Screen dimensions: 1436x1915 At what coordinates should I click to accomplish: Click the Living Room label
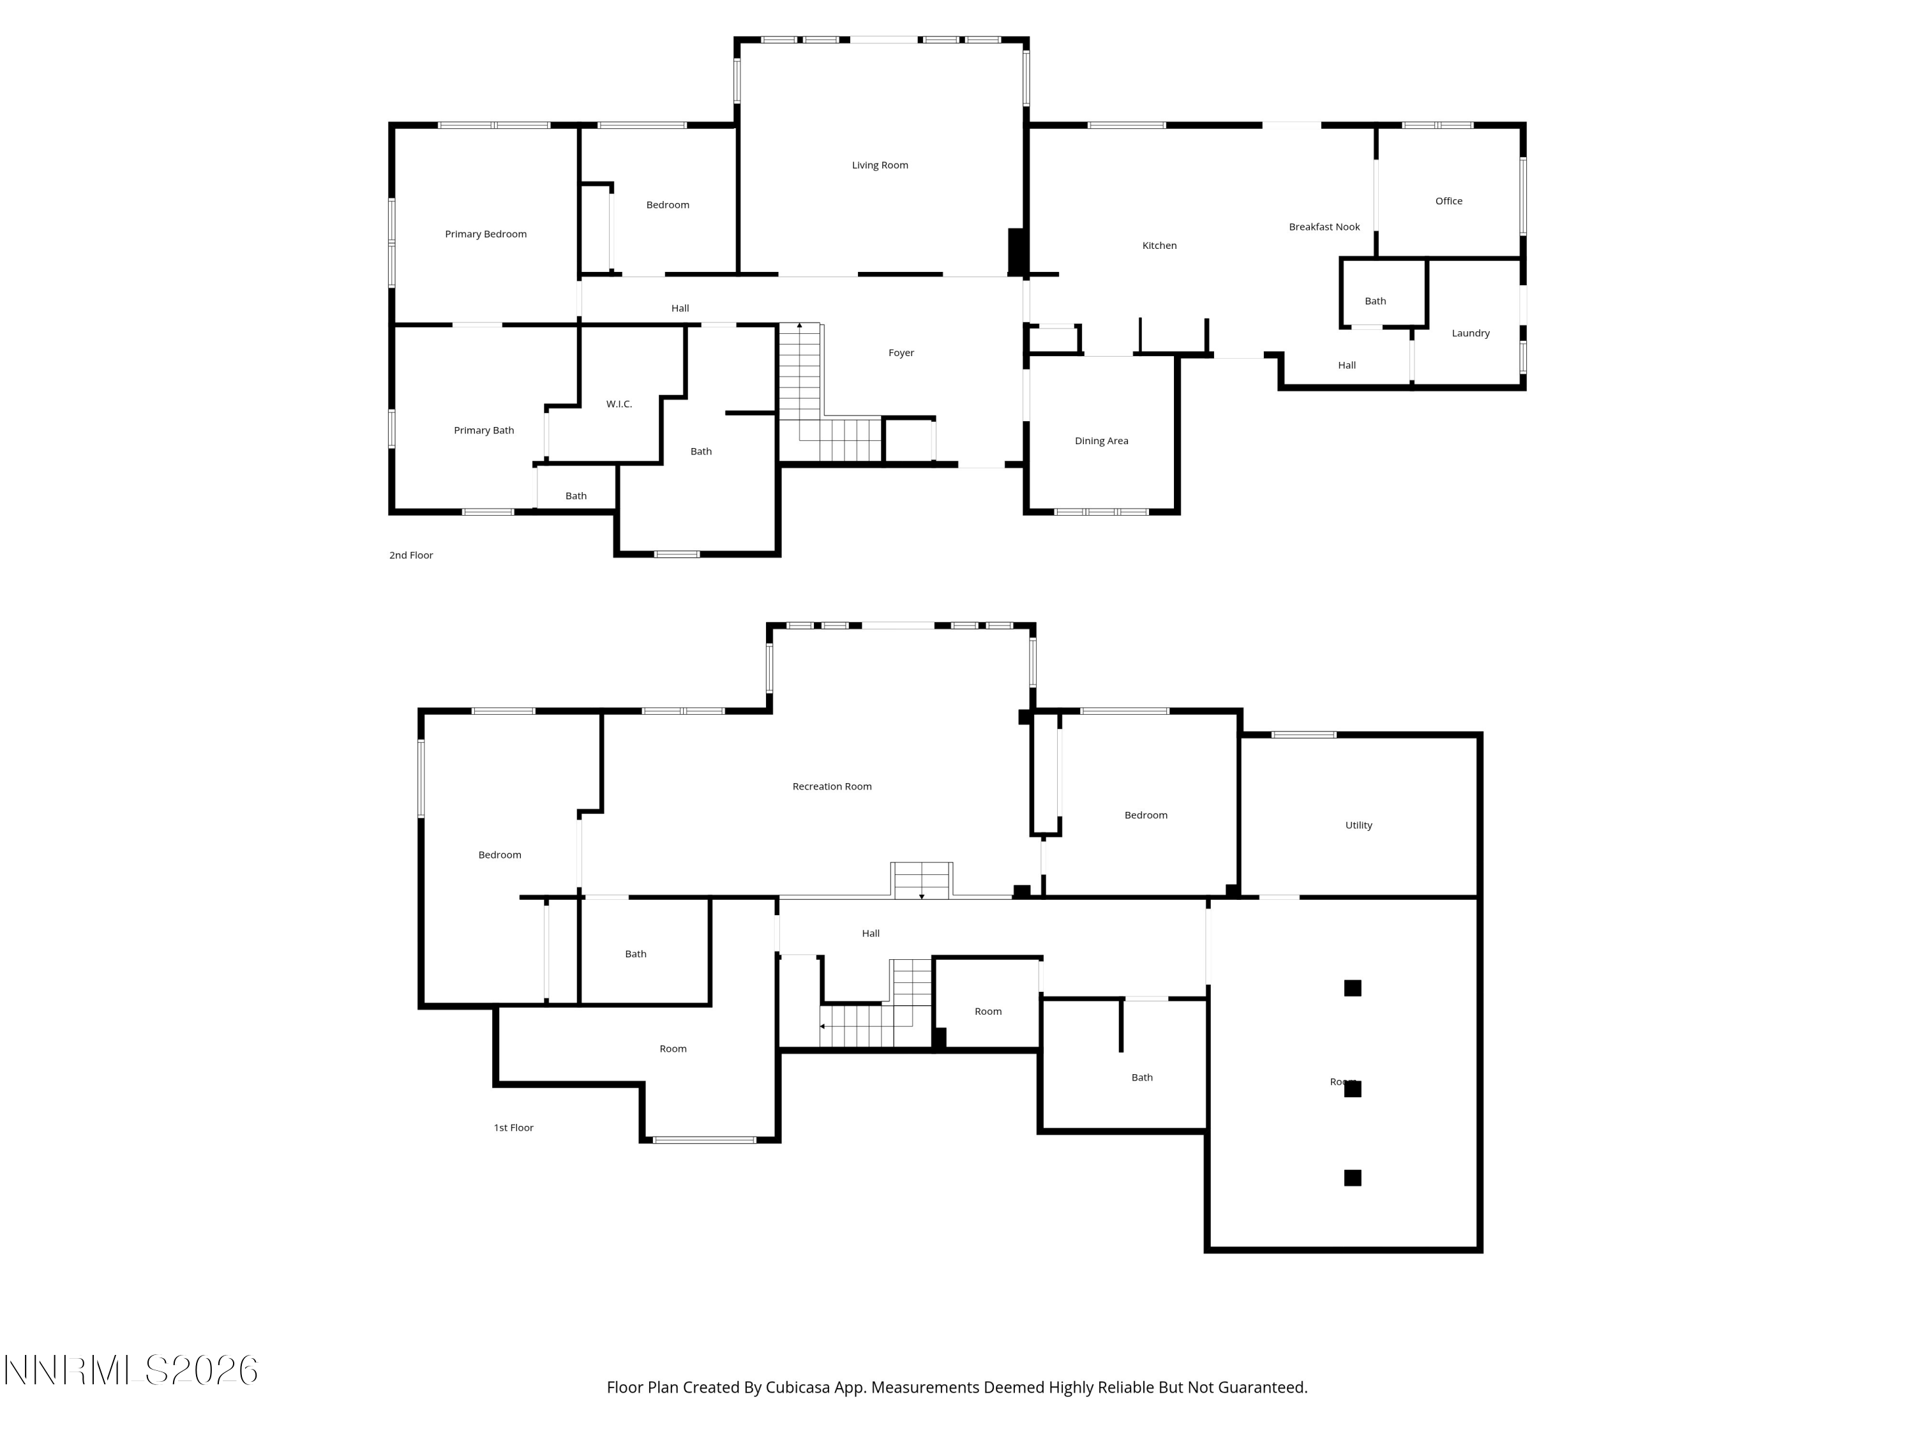[x=880, y=165]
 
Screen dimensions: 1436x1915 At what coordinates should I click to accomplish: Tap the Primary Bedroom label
[x=486, y=234]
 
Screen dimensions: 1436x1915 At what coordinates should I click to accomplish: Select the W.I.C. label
[x=619, y=404]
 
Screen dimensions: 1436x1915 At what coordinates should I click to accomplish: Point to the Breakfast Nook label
[x=1324, y=227]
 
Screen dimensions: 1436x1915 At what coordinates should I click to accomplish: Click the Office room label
[x=1448, y=201]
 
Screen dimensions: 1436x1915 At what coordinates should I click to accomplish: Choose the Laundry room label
[x=1470, y=333]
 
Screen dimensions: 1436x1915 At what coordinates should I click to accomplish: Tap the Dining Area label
[x=1101, y=440]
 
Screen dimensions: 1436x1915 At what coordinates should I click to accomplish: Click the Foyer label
[x=900, y=353]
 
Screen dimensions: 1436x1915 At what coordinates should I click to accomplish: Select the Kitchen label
[x=1159, y=246]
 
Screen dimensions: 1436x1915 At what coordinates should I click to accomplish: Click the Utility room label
[x=1358, y=825]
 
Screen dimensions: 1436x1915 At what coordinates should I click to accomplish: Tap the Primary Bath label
[x=484, y=430]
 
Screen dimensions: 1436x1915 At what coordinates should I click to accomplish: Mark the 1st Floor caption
[x=513, y=1128]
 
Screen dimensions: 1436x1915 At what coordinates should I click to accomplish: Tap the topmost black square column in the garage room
[x=1352, y=987]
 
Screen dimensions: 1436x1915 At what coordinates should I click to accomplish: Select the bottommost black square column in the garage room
[x=1352, y=1177]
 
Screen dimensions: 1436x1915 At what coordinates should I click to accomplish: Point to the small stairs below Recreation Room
[x=922, y=880]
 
